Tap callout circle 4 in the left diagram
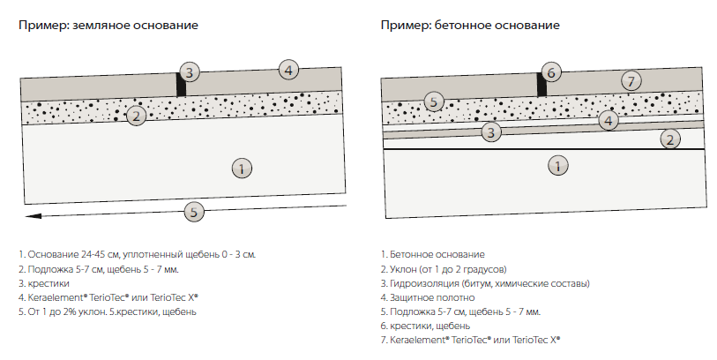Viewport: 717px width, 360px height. tap(290, 68)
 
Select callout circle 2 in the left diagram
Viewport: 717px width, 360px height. tap(135, 116)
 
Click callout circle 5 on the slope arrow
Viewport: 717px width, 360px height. tap(194, 211)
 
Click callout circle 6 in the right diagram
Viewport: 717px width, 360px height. tap(550, 72)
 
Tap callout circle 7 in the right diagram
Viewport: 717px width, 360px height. tap(629, 81)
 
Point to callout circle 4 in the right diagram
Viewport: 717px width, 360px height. tap(607, 121)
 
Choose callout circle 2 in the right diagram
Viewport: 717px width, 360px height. tap(670, 139)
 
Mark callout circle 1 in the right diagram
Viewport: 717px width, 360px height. tap(556, 164)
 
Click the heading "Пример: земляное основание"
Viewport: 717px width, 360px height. tap(108, 26)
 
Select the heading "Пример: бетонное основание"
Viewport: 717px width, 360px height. tap(470, 26)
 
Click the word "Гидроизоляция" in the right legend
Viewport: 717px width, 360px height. tap(422, 283)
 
